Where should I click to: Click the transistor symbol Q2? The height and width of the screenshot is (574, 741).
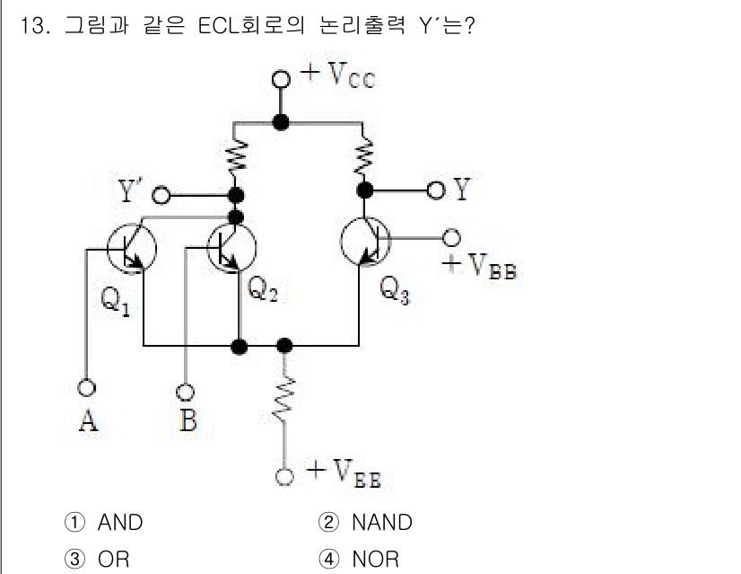231,247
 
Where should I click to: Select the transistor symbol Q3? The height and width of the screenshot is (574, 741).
366,240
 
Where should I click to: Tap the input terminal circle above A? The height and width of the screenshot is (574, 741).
87,388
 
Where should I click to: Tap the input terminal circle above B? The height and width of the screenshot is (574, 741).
185,392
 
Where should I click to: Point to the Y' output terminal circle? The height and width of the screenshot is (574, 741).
162,195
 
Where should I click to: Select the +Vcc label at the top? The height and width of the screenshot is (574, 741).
338,75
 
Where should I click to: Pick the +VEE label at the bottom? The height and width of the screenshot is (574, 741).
344,473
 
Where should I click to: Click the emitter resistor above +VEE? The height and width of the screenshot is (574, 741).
284,400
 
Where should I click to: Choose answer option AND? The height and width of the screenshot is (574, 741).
119,522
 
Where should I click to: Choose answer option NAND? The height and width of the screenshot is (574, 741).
382,522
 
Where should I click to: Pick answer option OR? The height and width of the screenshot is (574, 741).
114,559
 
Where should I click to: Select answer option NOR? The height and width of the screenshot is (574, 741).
375,559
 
